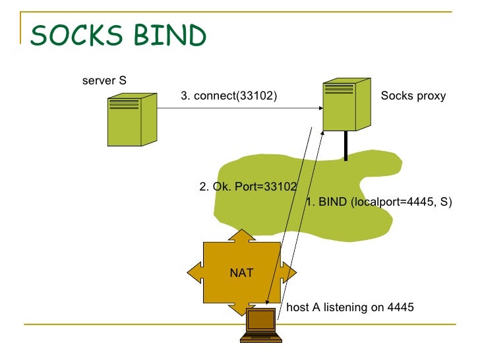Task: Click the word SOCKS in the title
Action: pos(76,35)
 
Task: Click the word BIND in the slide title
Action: pos(170,35)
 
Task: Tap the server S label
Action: pos(104,80)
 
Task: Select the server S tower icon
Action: pos(133,119)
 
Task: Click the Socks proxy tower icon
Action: pos(347,104)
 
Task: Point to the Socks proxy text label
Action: pos(413,96)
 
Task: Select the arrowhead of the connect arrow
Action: pos(320,108)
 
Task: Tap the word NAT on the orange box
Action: pos(241,273)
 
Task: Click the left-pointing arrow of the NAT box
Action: pos(195,272)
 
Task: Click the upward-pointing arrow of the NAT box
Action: pos(242,236)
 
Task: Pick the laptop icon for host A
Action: pos(261,325)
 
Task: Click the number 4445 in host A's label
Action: pos(400,307)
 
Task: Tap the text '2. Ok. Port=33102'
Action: pos(248,187)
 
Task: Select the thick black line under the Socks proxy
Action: pos(346,146)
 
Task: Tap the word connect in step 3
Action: pos(214,96)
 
